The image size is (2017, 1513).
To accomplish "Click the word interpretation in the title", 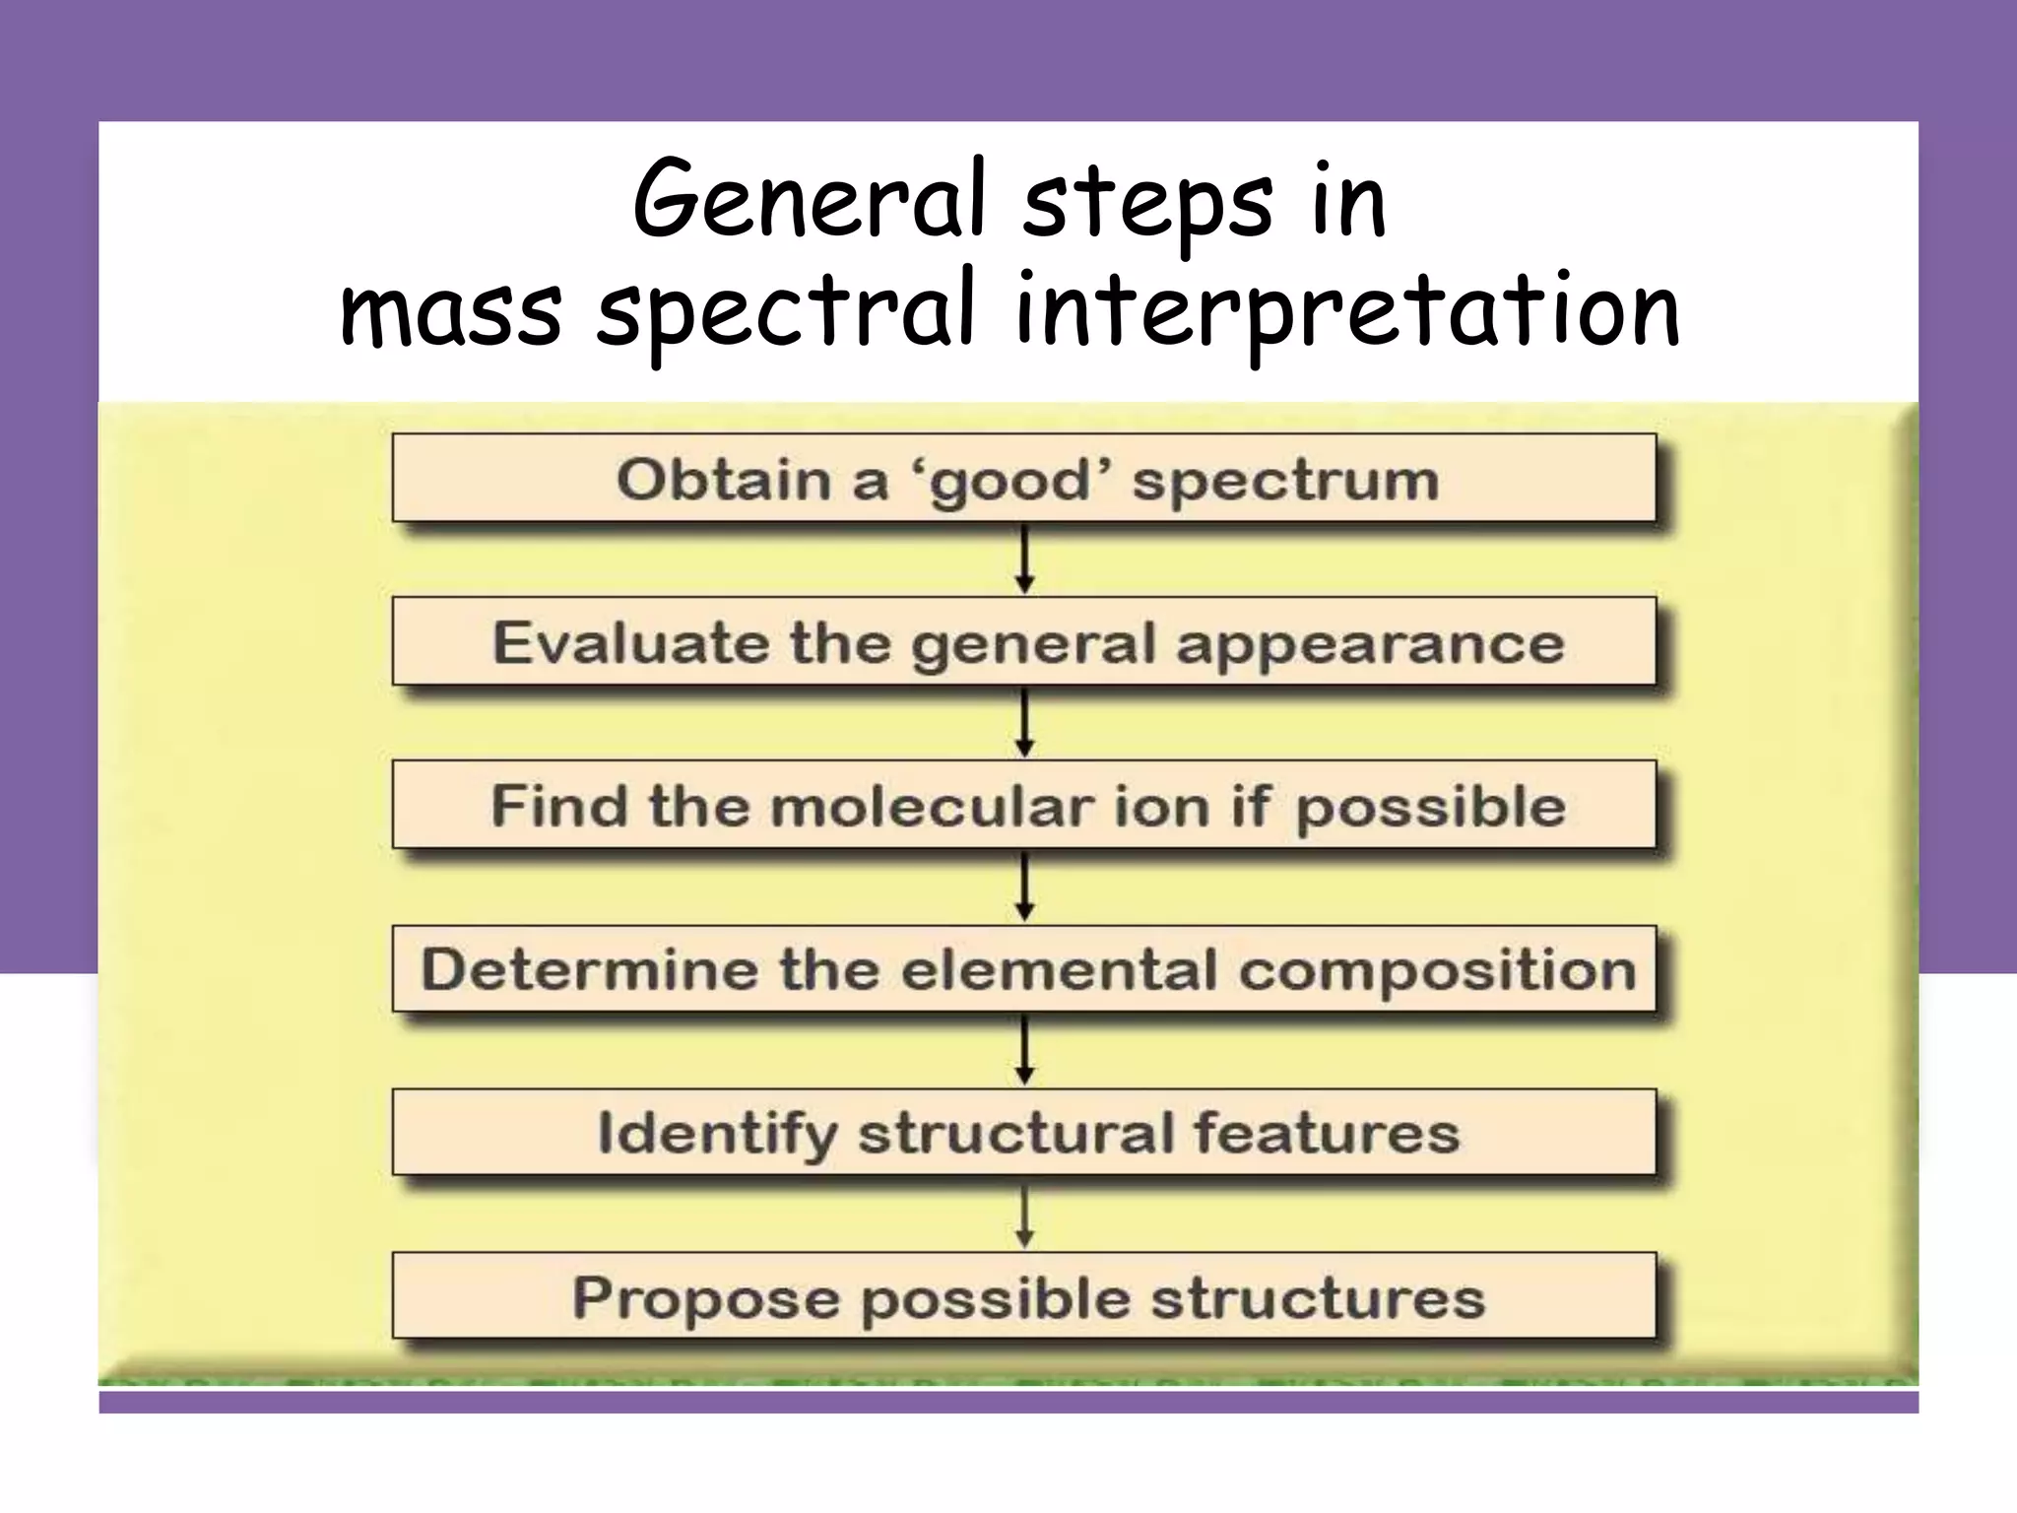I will (1347, 311).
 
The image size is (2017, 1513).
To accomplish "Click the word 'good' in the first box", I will (1009, 482).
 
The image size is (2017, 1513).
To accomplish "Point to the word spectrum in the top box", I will (1285, 482).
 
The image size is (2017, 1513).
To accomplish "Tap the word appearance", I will (1370, 646).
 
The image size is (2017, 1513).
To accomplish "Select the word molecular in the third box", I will (932, 807).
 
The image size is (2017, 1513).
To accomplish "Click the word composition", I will (1437, 971).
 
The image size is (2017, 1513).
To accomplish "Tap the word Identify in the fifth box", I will (717, 1134).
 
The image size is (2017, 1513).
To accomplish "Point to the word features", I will (1327, 1133).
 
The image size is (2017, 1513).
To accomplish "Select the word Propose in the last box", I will (706, 1298).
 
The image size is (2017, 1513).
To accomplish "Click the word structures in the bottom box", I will (1318, 1297).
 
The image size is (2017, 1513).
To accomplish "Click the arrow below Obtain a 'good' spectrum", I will (1024, 559).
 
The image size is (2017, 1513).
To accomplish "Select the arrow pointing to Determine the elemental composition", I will (1024, 888).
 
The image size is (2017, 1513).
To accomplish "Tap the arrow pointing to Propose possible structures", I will (1024, 1216).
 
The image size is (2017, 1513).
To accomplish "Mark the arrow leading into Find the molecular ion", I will (1024, 723).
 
